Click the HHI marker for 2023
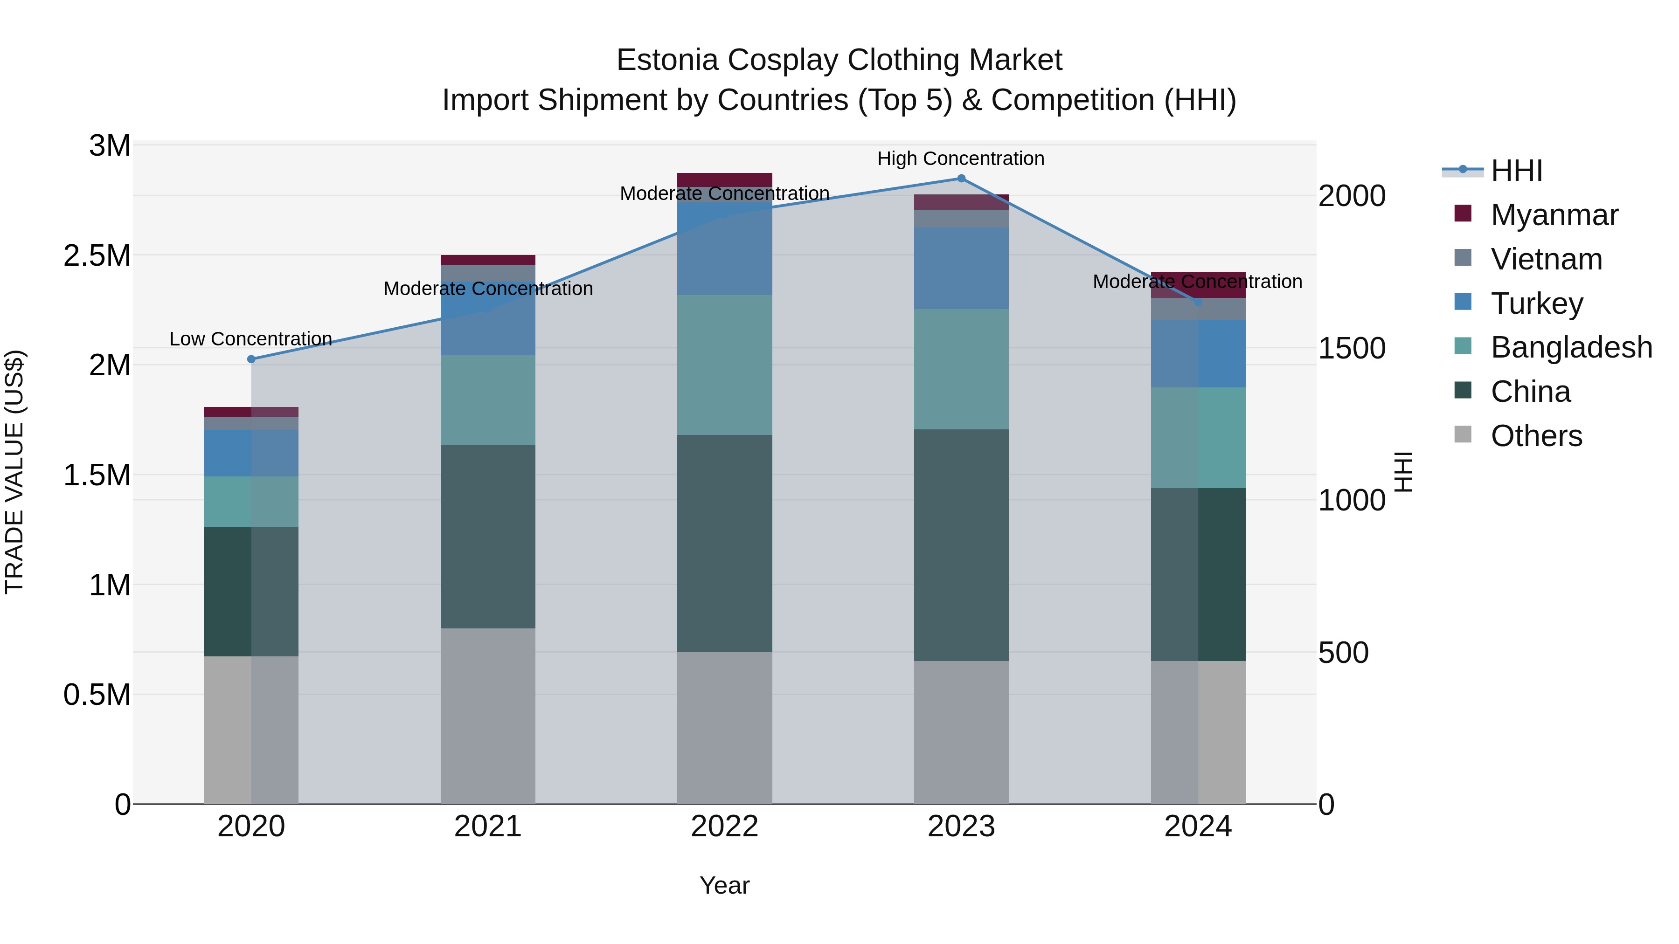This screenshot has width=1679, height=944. coord(961,179)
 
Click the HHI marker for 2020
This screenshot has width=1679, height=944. coord(251,359)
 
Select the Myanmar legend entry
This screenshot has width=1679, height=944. coord(1554,215)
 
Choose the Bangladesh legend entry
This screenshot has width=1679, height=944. coord(1571,347)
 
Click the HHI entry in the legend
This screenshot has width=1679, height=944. coord(1516,171)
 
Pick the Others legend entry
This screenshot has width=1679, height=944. coord(1536,436)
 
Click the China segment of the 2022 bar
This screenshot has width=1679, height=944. coord(724,544)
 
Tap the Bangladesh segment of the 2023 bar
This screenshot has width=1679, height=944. coord(961,369)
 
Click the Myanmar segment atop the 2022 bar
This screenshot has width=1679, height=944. coord(724,180)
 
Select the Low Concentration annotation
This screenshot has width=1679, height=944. coord(251,339)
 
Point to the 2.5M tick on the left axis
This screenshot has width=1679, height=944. coord(97,256)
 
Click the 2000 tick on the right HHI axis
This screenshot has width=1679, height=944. coord(1351,196)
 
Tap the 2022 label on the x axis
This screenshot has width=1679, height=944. coord(724,827)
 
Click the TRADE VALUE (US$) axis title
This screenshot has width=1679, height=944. coord(14,472)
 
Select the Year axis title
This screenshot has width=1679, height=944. coord(724,885)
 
